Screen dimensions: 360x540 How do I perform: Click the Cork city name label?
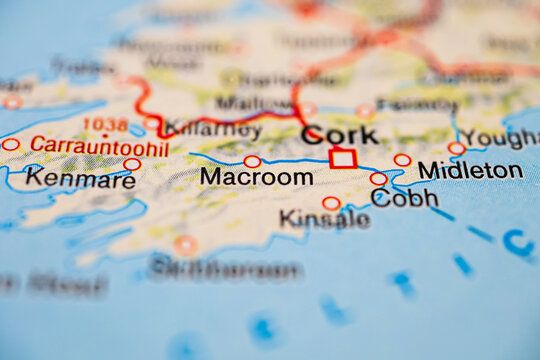coord(340,135)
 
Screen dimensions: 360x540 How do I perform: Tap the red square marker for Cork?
coord(343,158)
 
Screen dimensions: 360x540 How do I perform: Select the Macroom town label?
coord(256,177)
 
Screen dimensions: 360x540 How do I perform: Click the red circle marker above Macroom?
coord(252,161)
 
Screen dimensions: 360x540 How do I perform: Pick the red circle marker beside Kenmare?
coord(132,164)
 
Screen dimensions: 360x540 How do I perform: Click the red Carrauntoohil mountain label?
coord(99,147)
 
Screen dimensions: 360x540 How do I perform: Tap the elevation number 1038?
coord(105,125)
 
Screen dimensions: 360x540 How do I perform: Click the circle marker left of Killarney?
coord(151,123)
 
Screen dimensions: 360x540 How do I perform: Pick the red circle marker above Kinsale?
coord(331,203)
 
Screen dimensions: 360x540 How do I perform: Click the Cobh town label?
coord(404,197)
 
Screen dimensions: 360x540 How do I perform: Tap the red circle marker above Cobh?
coord(378,179)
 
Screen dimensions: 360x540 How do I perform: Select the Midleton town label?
coord(470,170)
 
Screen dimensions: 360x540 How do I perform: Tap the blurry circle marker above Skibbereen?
coord(186,244)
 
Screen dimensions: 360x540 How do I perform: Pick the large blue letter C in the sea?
coord(517,242)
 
